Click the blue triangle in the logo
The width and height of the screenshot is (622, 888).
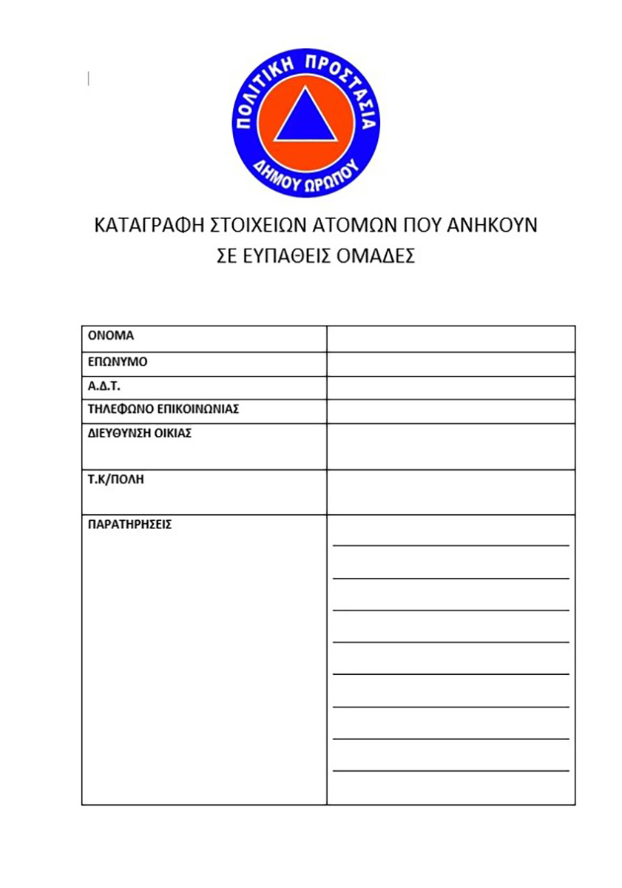coord(306,117)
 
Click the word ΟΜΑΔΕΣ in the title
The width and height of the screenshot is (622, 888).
coord(376,256)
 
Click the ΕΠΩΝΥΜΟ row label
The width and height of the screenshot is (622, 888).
coord(118,363)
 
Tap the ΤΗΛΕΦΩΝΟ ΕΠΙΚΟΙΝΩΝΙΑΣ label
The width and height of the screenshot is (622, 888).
coord(163,408)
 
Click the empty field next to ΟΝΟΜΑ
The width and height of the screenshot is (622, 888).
coord(450,339)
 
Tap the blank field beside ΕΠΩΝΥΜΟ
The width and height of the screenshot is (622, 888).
coord(450,364)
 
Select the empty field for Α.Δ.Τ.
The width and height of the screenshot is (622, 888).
coord(450,388)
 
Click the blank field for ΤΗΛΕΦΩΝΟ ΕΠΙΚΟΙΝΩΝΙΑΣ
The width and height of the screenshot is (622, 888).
coord(450,411)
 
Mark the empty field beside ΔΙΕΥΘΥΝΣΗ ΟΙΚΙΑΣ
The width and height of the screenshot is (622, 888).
coord(450,446)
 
